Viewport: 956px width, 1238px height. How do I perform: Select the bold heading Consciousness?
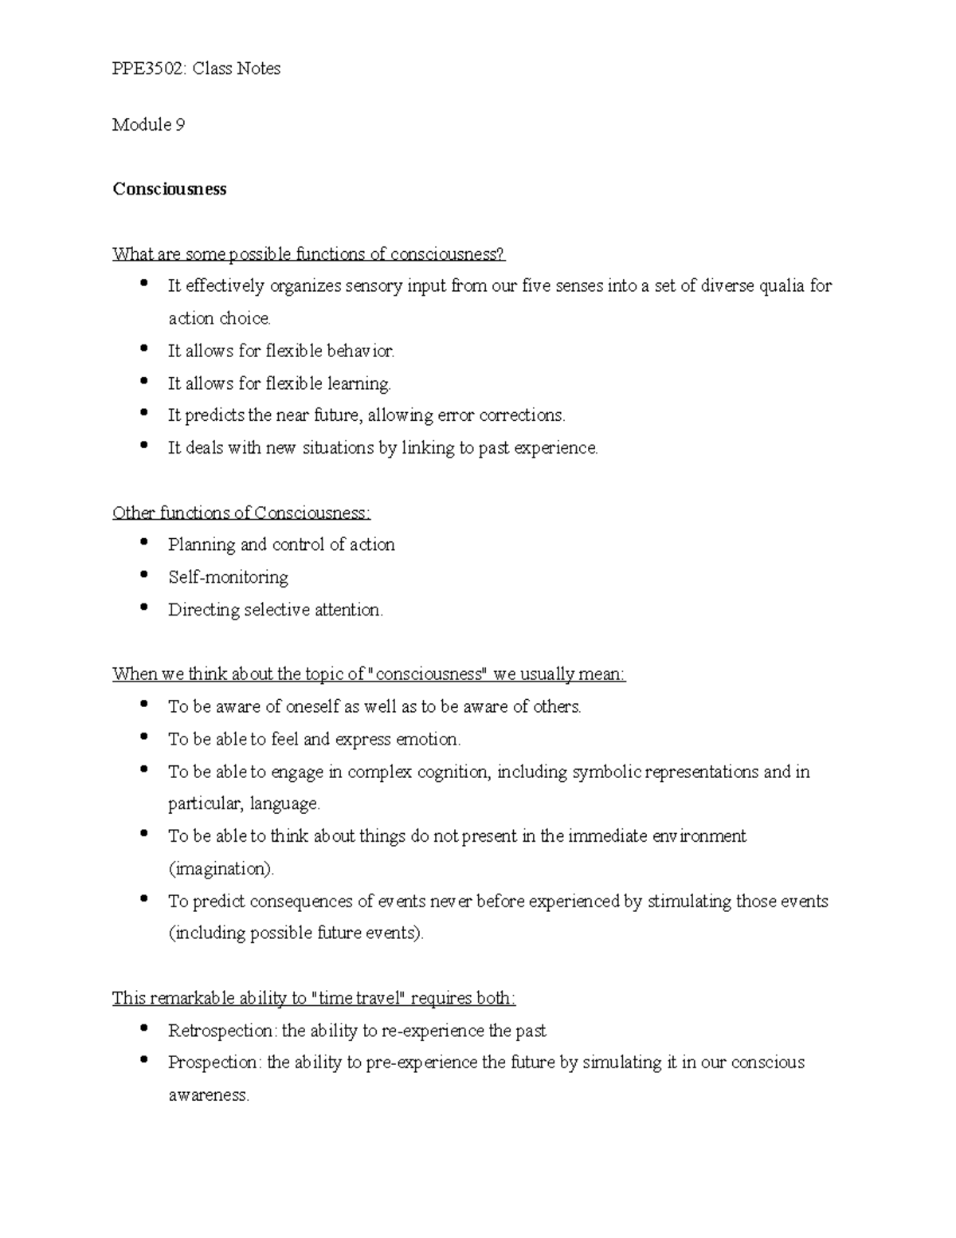(170, 189)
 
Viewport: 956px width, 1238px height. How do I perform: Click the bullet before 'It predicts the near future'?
(143, 413)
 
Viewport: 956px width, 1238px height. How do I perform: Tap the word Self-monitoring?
(228, 577)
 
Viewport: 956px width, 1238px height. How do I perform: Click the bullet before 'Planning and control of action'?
(143, 542)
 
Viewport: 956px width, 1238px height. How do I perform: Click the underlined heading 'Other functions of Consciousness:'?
(241, 513)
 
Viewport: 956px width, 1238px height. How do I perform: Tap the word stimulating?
(688, 901)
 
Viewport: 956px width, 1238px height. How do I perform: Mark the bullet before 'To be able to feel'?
(143, 737)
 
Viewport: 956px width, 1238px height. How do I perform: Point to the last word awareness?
(209, 1095)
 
